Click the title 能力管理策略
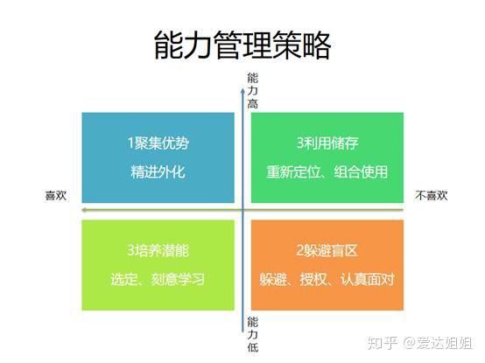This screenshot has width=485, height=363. [242, 45]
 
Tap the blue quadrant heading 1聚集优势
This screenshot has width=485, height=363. [158, 143]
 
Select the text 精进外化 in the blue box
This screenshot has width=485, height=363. [158, 171]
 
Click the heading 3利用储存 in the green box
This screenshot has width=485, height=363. [327, 143]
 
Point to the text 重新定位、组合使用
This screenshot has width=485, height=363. [327, 171]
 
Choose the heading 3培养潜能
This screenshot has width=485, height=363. [158, 250]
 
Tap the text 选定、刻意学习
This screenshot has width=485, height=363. [158, 279]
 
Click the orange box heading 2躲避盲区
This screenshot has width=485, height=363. [327, 250]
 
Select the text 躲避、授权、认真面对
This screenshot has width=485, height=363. [327, 279]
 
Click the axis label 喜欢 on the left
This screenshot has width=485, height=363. [56, 196]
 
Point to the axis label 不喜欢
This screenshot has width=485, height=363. [432, 196]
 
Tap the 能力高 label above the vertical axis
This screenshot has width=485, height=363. [253, 90]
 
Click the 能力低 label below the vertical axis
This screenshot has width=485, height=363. [253, 335]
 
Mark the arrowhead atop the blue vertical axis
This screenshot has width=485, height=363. [242, 90]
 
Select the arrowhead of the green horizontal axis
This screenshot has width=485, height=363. [84, 210]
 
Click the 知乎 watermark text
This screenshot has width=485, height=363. [383, 343]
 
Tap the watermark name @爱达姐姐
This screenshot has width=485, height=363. [438, 343]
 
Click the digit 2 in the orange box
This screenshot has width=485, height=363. [299, 250]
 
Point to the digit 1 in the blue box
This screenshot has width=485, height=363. [130, 143]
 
